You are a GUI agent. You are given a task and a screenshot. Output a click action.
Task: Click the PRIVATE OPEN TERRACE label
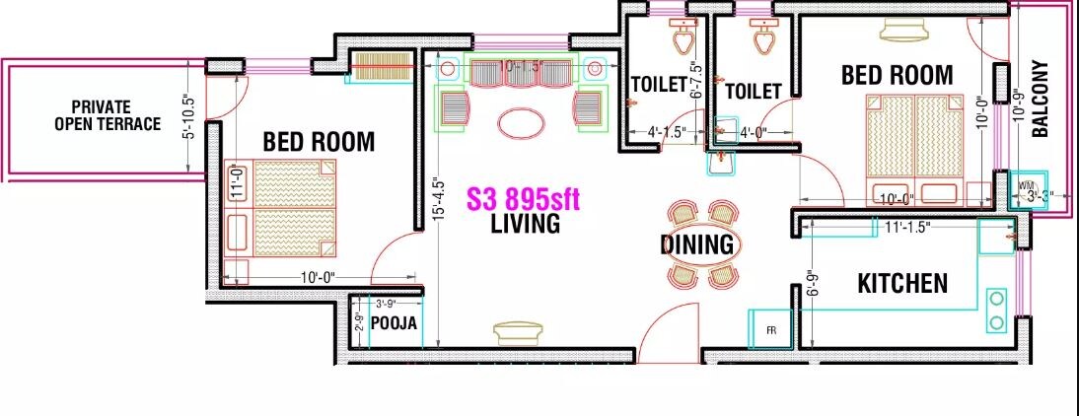(108, 115)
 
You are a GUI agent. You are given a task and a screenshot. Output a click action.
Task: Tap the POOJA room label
(394, 323)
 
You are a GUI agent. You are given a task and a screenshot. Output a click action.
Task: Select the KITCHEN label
(902, 284)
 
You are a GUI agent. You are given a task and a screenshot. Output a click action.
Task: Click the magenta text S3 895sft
(523, 200)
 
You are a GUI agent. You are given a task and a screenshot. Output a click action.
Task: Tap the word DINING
(697, 244)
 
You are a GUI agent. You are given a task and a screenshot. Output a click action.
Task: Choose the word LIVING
(526, 224)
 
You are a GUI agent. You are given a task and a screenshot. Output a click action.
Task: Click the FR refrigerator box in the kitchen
(770, 329)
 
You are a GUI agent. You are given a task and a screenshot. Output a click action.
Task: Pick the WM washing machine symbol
(1027, 186)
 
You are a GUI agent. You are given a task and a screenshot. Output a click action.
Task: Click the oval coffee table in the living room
(521, 124)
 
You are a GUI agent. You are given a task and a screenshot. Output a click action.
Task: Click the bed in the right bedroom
(915, 148)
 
